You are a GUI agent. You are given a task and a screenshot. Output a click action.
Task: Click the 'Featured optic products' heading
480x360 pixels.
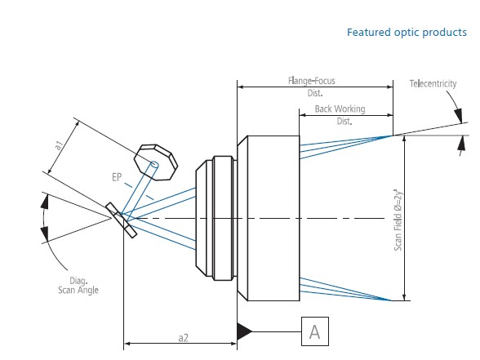click(407, 32)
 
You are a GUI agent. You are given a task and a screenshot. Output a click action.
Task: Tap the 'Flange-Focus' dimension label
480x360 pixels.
click(312, 81)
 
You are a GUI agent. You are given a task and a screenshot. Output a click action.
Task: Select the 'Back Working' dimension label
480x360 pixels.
click(340, 109)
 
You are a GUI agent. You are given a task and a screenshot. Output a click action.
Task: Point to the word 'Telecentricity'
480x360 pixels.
click(433, 83)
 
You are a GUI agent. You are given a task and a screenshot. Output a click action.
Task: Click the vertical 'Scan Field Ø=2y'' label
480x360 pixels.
click(398, 220)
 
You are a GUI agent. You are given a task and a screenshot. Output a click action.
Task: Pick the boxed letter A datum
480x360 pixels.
click(315, 331)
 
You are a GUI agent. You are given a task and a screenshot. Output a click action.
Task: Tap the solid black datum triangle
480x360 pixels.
click(245, 331)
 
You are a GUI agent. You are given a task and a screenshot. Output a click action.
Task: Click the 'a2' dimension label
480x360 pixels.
click(183, 338)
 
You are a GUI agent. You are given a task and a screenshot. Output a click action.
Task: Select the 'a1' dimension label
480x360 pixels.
click(59, 145)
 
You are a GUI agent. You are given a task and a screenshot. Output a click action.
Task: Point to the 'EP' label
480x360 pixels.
click(117, 177)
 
